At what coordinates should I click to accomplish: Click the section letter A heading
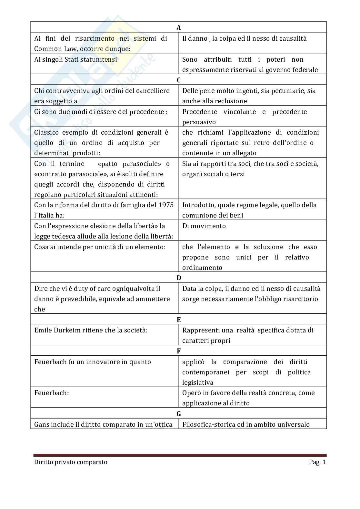point(179,28)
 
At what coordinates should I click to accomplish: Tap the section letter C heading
point(179,80)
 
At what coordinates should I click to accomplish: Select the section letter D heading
point(179,278)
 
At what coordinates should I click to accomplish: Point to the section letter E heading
point(179,320)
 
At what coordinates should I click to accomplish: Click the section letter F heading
point(179,351)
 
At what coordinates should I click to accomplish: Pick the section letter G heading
point(179,414)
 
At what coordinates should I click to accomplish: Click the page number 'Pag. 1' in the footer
point(317,462)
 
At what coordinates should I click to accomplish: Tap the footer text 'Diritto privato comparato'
point(71,462)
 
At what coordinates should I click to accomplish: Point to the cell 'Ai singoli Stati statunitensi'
point(75,59)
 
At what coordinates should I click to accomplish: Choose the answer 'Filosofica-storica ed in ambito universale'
point(246,424)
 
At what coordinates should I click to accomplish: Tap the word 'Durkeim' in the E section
point(66,330)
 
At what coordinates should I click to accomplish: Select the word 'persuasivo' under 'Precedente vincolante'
point(199,122)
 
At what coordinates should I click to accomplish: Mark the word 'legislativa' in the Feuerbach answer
point(198,382)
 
